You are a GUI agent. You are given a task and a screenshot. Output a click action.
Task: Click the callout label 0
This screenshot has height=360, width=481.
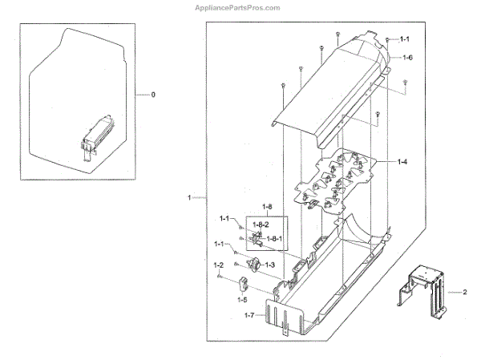pos(153,95)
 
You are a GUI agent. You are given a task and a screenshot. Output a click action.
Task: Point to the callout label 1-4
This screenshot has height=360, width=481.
pos(402,162)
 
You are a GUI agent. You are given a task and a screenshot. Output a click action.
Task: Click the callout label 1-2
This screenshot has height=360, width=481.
pos(218,265)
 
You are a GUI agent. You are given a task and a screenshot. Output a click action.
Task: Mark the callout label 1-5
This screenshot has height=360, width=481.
pos(240,299)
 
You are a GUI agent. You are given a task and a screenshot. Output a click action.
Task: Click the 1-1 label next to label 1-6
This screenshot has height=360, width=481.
pos(404,38)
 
